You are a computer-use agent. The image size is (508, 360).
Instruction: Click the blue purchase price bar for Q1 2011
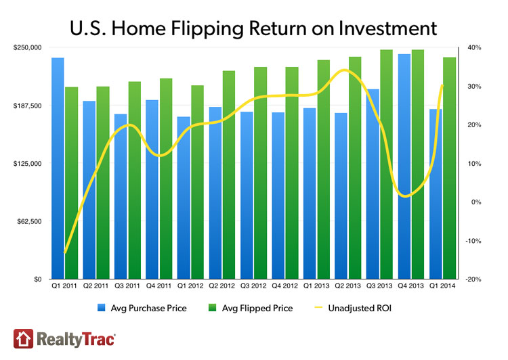[x=58, y=169]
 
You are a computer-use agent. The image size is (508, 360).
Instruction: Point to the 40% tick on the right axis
[x=473, y=47]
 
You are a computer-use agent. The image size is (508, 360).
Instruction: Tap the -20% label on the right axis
[x=473, y=279]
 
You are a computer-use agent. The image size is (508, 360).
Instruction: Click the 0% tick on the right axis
[x=475, y=202]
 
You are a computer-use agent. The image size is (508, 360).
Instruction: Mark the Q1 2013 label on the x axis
[x=316, y=288]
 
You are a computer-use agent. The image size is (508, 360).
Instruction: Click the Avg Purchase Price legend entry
[x=140, y=309]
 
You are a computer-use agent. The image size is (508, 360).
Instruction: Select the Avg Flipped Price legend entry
[x=255, y=309]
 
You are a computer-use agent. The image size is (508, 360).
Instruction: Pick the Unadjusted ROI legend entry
[x=360, y=309]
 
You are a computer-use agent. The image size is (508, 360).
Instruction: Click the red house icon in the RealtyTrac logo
[x=22, y=338]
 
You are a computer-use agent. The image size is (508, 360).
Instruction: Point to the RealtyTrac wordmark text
[x=74, y=338]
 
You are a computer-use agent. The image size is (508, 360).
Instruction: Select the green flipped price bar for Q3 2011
[x=134, y=180]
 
